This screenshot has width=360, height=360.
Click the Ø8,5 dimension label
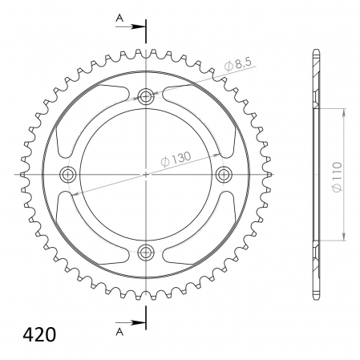tap(238, 64)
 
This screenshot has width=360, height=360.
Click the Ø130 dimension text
tap(176, 160)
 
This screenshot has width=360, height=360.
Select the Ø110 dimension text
tap(338, 176)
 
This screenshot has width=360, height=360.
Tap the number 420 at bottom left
tap(39, 334)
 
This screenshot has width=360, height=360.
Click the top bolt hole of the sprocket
tap(146, 96)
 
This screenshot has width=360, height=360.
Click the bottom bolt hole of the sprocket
tap(146, 252)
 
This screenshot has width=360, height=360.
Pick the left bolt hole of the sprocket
tap(68, 175)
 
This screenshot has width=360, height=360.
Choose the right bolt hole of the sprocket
tap(224, 175)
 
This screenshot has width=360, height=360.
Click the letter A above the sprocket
tap(119, 18)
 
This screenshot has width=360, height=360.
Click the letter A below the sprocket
tap(119, 332)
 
